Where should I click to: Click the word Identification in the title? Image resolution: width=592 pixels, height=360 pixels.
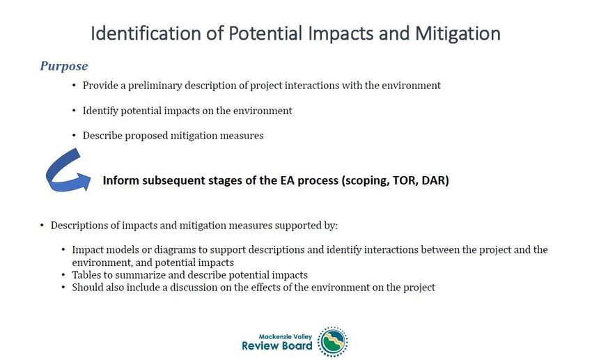(x=146, y=33)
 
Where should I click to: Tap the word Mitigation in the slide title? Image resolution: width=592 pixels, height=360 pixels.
(x=458, y=34)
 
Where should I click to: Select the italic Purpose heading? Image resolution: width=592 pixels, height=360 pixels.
(x=64, y=66)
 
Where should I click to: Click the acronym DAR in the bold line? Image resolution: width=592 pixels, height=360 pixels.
(x=435, y=180)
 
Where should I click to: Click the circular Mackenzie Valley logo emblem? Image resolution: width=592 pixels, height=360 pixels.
(x=333, y=342)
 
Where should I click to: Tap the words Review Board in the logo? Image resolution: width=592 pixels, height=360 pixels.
(x=277, y=345)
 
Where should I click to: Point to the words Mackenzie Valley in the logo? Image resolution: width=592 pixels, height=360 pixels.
(x=286, y=336)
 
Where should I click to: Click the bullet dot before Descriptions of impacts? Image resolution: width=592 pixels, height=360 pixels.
(x=42, y=226)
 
